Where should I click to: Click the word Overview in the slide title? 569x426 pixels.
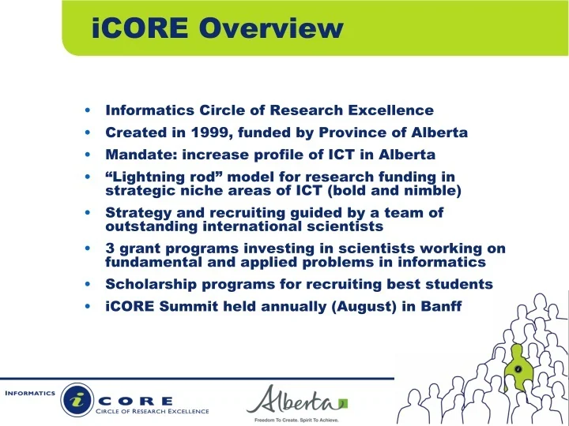(x=271, y=28)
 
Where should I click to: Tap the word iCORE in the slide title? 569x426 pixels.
(x=140, y=28)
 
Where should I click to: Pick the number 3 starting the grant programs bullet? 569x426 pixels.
(x=110, y=248)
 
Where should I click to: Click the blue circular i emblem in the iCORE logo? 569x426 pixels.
(x=77, y=399)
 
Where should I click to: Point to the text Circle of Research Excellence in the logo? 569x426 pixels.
(x=152, y=411)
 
